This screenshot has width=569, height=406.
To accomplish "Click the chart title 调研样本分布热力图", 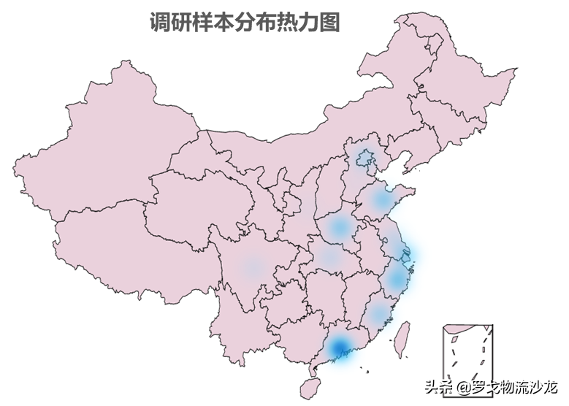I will tap(244, 23).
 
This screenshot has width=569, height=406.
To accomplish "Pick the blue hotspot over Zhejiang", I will tap(395, 278).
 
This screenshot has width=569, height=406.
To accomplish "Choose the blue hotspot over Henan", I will tap(339, 227).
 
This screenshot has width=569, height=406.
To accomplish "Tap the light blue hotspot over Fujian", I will tap(377, 315).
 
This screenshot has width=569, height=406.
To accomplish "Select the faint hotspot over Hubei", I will tap(328, 256).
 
